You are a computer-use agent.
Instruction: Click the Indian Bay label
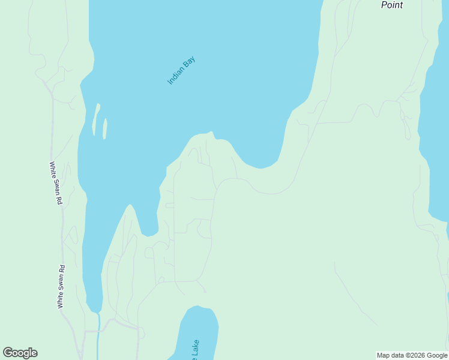[x=181, y=70]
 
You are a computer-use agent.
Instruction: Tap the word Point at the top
[x=392, y=5]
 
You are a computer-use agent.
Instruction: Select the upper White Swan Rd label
[x=56, y=183]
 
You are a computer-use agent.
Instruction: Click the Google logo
[x=20, y=353]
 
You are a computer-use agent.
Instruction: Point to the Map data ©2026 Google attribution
[x=412, y=355]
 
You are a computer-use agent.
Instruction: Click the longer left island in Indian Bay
[x=95, y=120]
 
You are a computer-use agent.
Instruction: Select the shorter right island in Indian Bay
[x=105, y=128]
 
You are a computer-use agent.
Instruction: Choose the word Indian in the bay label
[x=176, y=76]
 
